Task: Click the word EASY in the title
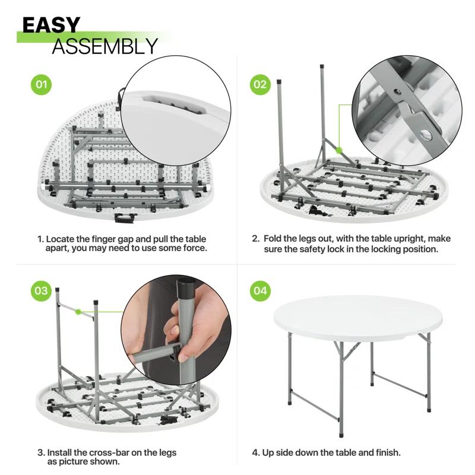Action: (x=51, y=25)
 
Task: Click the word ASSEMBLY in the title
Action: (x=104, y=46)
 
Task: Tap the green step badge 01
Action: (x=41, y=84)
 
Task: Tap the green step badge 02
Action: (x=260, y=84)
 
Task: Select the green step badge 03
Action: (x=41, y=291)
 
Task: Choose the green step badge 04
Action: (x=260, y=291)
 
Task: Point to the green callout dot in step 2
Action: (x=340, y=151)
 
